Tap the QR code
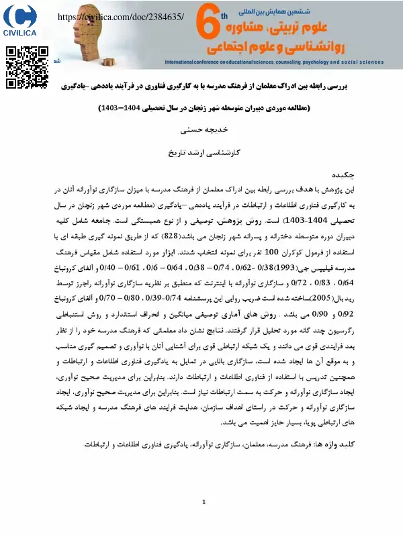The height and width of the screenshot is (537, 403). (x=28, y=68)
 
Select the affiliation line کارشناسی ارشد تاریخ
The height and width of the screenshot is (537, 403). (x=202, y=153)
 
